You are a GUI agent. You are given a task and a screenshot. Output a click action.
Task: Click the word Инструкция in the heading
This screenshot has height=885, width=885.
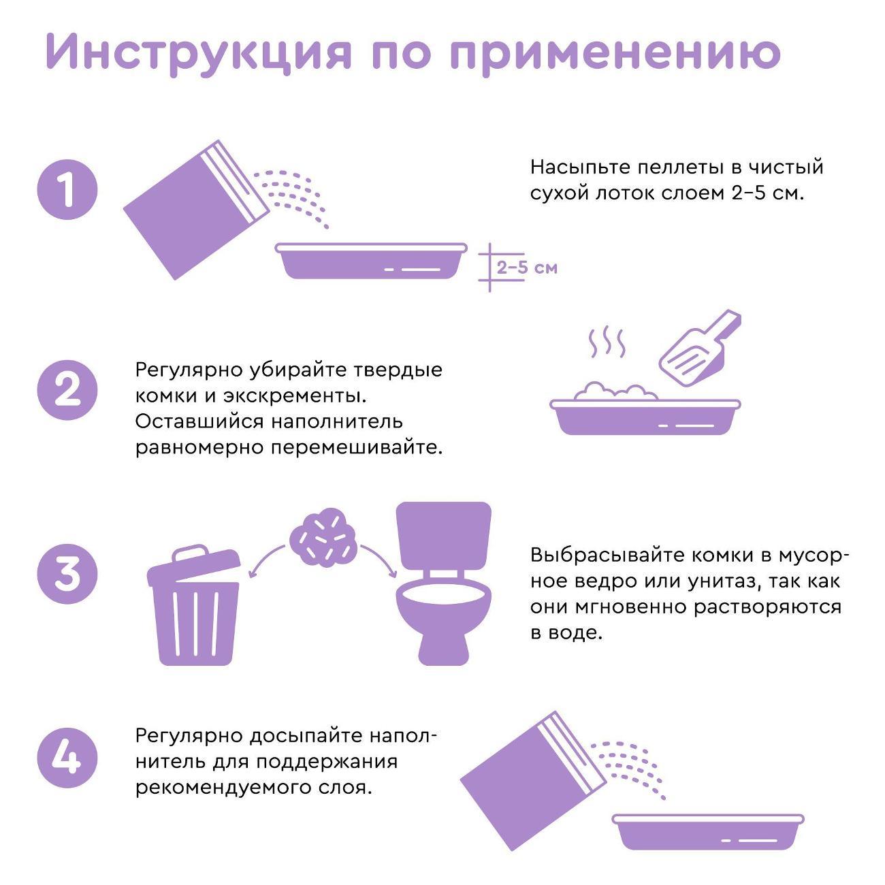(198, 52)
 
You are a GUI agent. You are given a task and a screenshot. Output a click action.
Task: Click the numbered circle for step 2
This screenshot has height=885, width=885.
(67, 390)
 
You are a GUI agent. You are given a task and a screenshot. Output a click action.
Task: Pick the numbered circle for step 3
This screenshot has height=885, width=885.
(67, 573)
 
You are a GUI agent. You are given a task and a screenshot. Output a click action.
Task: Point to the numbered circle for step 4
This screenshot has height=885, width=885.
(67, 757)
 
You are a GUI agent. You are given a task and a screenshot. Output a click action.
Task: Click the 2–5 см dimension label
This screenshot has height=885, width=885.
(526, 267)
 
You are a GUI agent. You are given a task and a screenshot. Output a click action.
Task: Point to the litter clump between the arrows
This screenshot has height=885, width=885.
(323, 536)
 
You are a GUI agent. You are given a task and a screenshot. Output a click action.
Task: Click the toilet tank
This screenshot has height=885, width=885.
(444, 535)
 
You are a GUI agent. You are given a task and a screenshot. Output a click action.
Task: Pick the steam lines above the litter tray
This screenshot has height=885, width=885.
(606, 343)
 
